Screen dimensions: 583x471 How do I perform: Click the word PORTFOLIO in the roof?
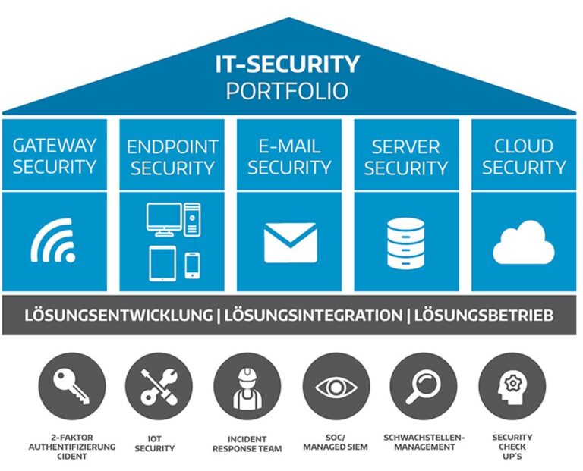click(287, 91)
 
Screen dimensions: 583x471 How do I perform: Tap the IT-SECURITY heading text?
click(287, 64)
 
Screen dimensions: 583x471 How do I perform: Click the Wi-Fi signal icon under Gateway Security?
click(53, 240)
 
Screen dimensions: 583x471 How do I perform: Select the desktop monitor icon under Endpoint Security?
click(164, 219)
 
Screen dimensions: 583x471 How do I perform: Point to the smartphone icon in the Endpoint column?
click(192, 265)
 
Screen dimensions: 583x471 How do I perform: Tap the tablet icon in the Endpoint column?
click(163, 263)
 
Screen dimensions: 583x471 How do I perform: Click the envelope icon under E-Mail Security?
click(291, 243)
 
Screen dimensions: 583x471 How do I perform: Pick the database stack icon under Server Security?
click(405, 243)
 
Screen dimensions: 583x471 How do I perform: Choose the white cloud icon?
click(524, 242)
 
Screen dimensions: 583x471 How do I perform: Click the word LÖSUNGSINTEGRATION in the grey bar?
click(313, 316)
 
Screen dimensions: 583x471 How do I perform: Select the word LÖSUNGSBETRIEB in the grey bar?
click(484, 316)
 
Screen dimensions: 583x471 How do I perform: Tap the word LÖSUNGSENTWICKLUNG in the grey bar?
click(118, 316)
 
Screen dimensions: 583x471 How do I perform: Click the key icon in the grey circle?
click(71, 386)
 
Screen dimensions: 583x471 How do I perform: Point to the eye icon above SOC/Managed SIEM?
click(336, 387)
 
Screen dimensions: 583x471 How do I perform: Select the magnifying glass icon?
click(423, 387)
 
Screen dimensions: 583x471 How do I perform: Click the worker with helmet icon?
click(247, 388)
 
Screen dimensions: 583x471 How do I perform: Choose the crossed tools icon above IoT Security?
click(159, 387)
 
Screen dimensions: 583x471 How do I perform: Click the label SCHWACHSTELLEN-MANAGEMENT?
click(424, 442)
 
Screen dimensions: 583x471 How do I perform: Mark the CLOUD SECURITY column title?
click(524, 157)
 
